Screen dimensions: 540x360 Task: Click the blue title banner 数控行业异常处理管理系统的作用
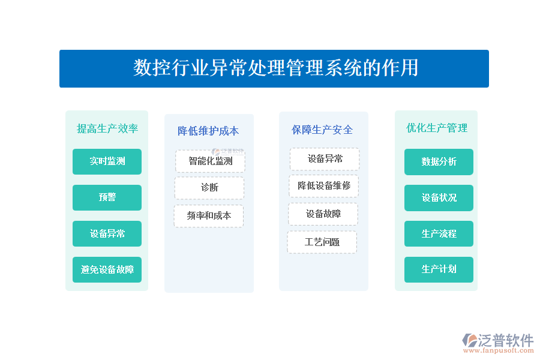(x=274, y=68)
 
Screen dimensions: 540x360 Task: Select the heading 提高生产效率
(x=107, y=128)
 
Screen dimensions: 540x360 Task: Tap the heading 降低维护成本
(x=208, y=131)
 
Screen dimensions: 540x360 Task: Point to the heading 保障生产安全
(x=322, y=130)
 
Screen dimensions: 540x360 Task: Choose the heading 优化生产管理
(x=437, y=128)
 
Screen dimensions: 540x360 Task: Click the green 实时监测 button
(x=107, y=161)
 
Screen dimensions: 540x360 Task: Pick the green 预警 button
(x=107, y=197)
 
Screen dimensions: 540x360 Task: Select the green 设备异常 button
(x=107, y=233)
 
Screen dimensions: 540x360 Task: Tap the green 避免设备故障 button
(x=107, y=269)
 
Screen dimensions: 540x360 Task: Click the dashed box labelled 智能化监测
(x=210, y=161)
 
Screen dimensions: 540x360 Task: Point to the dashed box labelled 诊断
(x=209, y=188)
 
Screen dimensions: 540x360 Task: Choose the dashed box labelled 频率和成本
(x=209, y=216)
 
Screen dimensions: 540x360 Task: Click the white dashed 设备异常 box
(x=325, y=159)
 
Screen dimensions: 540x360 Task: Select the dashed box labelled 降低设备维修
(x=324, y=185)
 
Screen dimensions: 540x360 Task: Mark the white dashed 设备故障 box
(x=323, y=214)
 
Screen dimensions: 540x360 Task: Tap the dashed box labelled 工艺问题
(x=322, y=242)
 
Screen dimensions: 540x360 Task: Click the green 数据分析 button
(x=439, y=162)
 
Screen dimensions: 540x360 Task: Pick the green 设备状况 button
(x=439, y=198)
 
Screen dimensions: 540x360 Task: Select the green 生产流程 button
(x=439, y=233)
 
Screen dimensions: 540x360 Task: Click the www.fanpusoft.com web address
(x=499, y=350)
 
